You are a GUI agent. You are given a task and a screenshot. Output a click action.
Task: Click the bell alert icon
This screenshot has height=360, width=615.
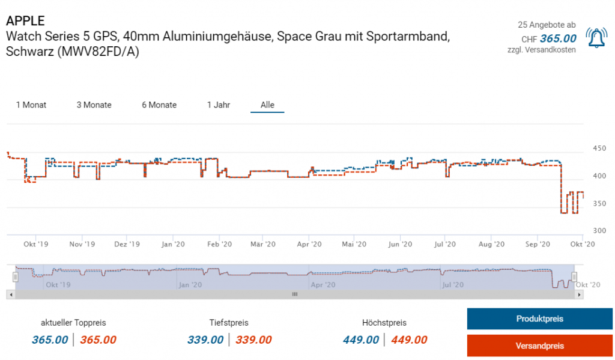point(596,38)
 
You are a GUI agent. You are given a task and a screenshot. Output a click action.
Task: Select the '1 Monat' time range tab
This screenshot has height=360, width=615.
point(31,105)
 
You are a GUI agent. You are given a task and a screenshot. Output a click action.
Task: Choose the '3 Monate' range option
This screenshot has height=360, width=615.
point(94,105)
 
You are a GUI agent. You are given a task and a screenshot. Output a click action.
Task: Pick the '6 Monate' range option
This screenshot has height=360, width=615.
point(159,105)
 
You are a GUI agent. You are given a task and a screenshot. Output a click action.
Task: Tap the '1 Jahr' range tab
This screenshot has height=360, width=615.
point(219,105)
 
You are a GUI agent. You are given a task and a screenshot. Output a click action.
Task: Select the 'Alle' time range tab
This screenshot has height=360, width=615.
point(267,105)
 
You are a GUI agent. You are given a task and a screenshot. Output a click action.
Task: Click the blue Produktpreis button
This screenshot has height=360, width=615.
point(539,319)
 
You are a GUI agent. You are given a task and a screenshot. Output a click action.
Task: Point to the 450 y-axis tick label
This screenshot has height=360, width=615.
point(599,148)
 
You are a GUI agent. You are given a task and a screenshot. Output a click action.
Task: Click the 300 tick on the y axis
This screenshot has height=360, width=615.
point(599,231)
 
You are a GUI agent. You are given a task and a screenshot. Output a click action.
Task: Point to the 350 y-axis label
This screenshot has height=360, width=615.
point(599,203)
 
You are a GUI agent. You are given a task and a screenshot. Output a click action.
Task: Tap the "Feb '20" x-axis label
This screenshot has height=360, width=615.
point(219,244)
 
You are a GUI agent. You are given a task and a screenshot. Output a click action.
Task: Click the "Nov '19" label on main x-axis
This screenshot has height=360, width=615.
point(82,244)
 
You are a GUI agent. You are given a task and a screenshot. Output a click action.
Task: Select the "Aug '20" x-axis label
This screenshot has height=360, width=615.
point(491,244)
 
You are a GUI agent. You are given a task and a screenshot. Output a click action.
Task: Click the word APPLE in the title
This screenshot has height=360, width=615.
point(25,22)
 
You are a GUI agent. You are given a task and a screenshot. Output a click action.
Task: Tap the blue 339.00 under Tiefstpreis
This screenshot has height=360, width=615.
point(205,340)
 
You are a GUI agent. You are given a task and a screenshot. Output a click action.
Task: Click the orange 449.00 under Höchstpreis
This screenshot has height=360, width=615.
point(409,340)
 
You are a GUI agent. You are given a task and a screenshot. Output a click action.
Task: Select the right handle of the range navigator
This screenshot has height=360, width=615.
point(574,276)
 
